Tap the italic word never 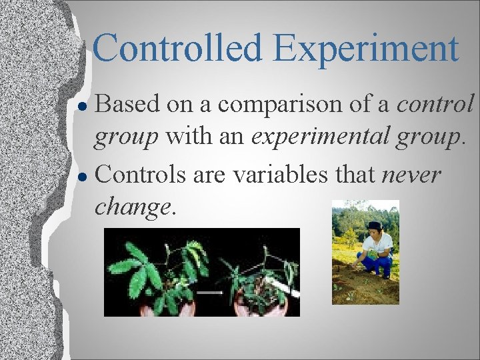[411, 176]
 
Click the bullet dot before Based [83, 105]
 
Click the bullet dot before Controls [83, 177]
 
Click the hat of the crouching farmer [375, 225]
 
